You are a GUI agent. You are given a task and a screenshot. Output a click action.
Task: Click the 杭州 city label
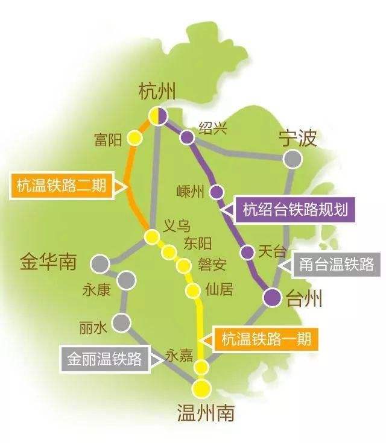point(157,92)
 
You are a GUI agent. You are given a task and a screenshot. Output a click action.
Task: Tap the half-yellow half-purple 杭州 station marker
point(159,115)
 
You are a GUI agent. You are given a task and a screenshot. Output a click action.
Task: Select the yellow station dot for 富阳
point(136,139)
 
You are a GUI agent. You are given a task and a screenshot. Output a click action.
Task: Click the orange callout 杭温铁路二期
point(62,186)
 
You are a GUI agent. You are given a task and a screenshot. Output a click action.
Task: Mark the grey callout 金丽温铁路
point(104,359)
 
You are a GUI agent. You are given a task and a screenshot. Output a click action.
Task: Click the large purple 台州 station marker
point(273,297)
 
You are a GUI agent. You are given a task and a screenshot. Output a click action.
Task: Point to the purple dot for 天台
point(247,251)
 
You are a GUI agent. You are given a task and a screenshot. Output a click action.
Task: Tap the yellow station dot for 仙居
point(193,291)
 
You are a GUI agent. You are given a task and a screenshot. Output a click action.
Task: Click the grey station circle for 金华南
point(100,263)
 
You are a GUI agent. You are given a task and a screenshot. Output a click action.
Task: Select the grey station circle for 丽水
point(122,321)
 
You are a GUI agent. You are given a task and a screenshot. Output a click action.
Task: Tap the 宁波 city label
point(297,138)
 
